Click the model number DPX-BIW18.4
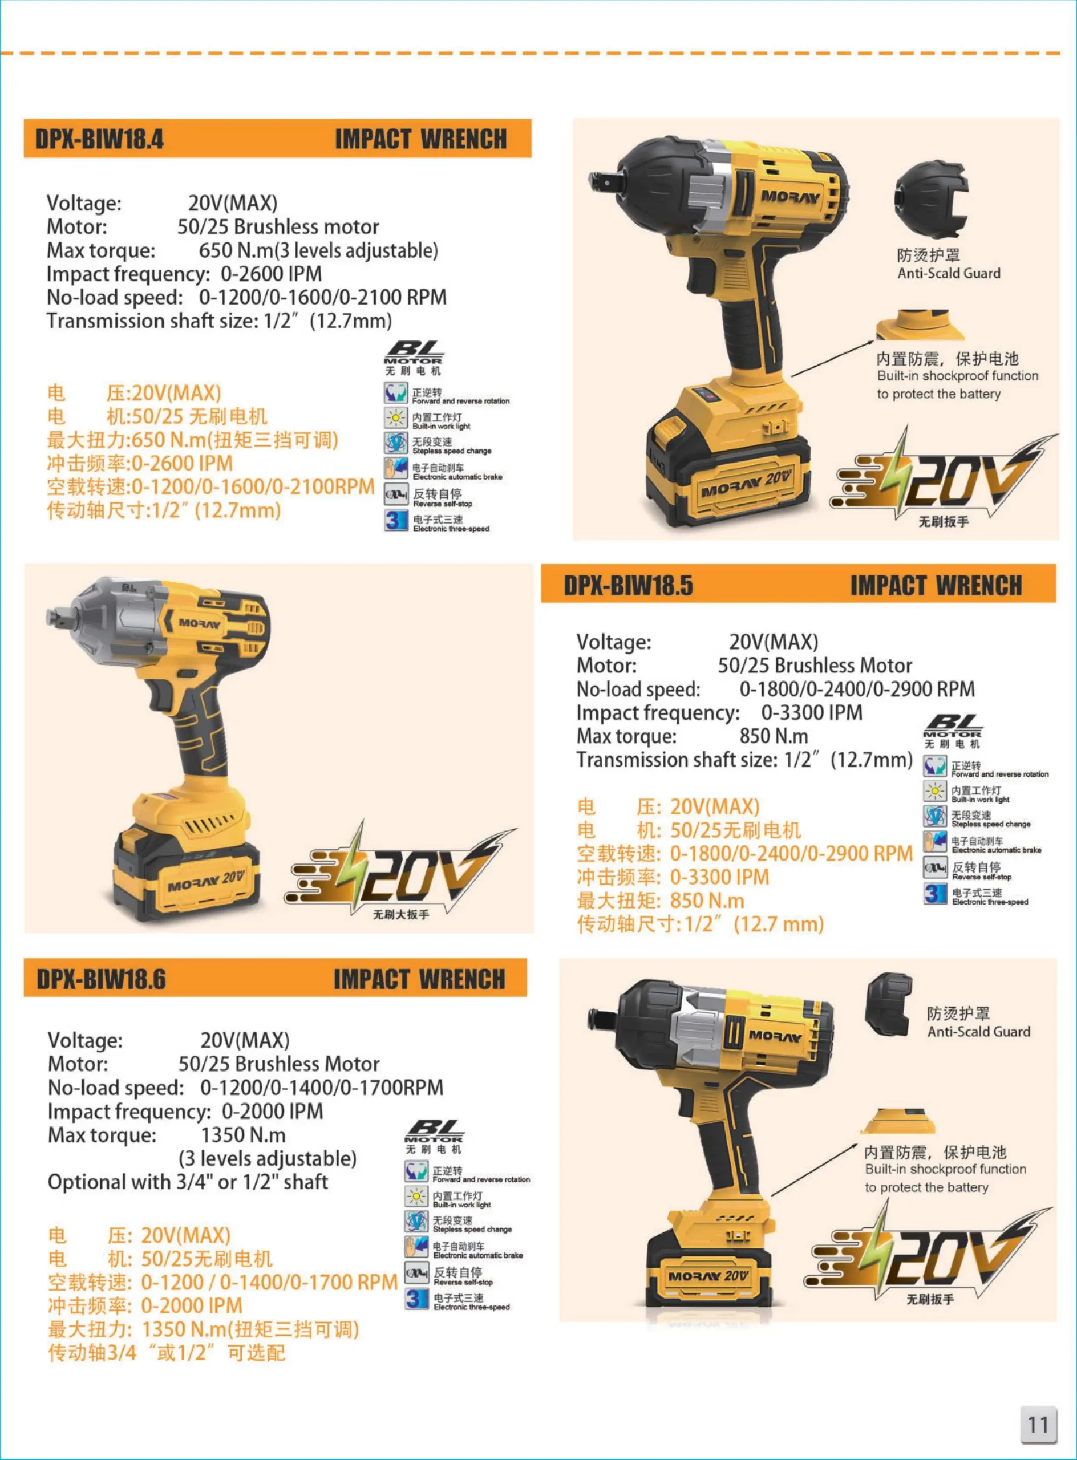[99, 139]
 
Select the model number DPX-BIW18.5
[628, 585]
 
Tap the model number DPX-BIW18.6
[101, 979]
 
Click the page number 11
[1039, 1424]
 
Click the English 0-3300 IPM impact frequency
[812, 712]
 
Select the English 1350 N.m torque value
[243, 1135]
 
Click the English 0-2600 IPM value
[271, 274]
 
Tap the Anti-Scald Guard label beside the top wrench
[949, 273]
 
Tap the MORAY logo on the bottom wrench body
[775, 1036]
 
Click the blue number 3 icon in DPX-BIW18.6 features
[416, 1299]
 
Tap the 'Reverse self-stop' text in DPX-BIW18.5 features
[982, 877]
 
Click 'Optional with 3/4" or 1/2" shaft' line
[188, 1182]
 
